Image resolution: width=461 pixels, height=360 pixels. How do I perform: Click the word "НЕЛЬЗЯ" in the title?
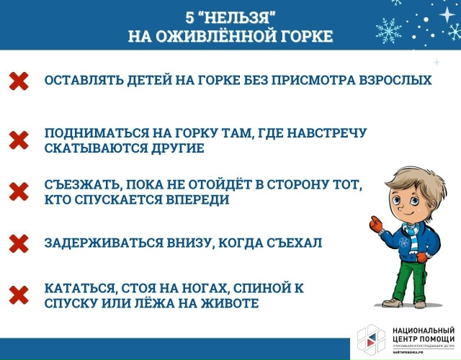[x=239, y=16]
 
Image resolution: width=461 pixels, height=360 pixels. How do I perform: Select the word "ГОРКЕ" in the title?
[x=300, y=36]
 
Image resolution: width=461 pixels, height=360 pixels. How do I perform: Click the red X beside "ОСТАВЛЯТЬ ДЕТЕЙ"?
[x=19, y=81]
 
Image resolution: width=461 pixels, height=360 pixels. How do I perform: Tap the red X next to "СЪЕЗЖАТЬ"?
[x=19, y=192]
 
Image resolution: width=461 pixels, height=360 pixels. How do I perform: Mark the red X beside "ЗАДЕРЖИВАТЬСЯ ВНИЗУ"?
[x=19, y=243]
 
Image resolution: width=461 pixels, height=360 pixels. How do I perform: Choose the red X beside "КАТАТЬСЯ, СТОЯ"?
[x=19, y=295]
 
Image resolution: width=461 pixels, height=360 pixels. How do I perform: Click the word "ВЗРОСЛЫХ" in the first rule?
[x=395, y=80]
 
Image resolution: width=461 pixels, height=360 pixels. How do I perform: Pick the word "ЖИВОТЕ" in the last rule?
[x=228, y=304]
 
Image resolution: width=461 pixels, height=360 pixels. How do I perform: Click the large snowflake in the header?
[x=390, y=30]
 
